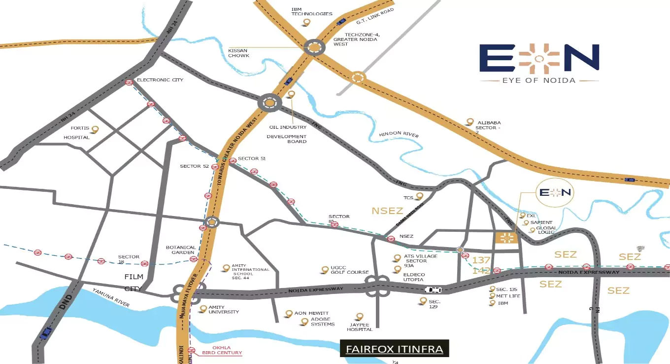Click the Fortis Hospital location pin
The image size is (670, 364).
pyautogui.click(x=95, y=129)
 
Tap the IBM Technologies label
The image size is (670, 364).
pyautogui.click(x=311, y=11)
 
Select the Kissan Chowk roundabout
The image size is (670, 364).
pyautogui.click(x=314, y=48)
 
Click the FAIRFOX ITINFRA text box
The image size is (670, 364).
pyautogui.click(x=394, y=349)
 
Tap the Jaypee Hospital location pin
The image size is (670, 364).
pyautogui.click(x=360, y=316)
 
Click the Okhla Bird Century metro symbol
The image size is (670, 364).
pyautogui.click(x=192, y=350)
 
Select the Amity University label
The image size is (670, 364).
pyautogui.click(x=223, y=309)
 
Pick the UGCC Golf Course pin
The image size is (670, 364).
pyautogui.click(x=325, y=269)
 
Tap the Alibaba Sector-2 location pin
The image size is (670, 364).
pyautogui.click(x=470, y=121)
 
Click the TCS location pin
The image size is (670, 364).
pyautogui.click(x=419, y=196)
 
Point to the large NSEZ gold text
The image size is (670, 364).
pyautogui.click(x=387, y=211)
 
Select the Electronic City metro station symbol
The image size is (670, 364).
pyautogui.click(x=129, y=83)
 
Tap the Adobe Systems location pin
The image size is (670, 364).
pyautogui.click(x=304, y=322)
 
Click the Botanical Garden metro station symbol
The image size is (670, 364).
pyautogui.click(x=194, y=259)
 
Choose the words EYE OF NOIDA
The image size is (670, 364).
pyautogui.click(x=539, y=80)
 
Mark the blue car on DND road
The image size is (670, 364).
pyautogui.click(x=46, y=333)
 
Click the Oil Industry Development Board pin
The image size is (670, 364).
pyautogui.click(x=291, y=94)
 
